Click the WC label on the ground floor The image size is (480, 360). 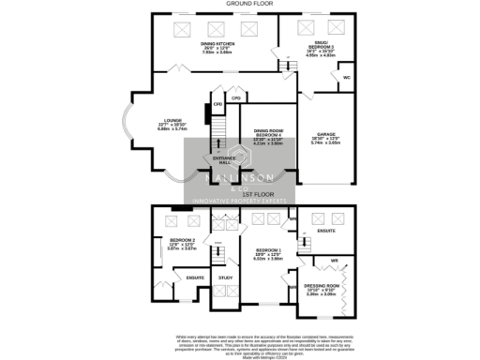[x=346, y=78]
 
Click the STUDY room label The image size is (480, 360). [x=225, y=277]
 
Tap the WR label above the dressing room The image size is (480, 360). [x=334, y=259]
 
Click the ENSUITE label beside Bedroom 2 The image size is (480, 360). [x=194, y=277]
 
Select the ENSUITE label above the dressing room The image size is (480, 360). [x=326, y=230]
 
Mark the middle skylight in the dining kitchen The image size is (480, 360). [x=217, y=27]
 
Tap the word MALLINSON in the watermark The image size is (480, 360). [x=239, y=177]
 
